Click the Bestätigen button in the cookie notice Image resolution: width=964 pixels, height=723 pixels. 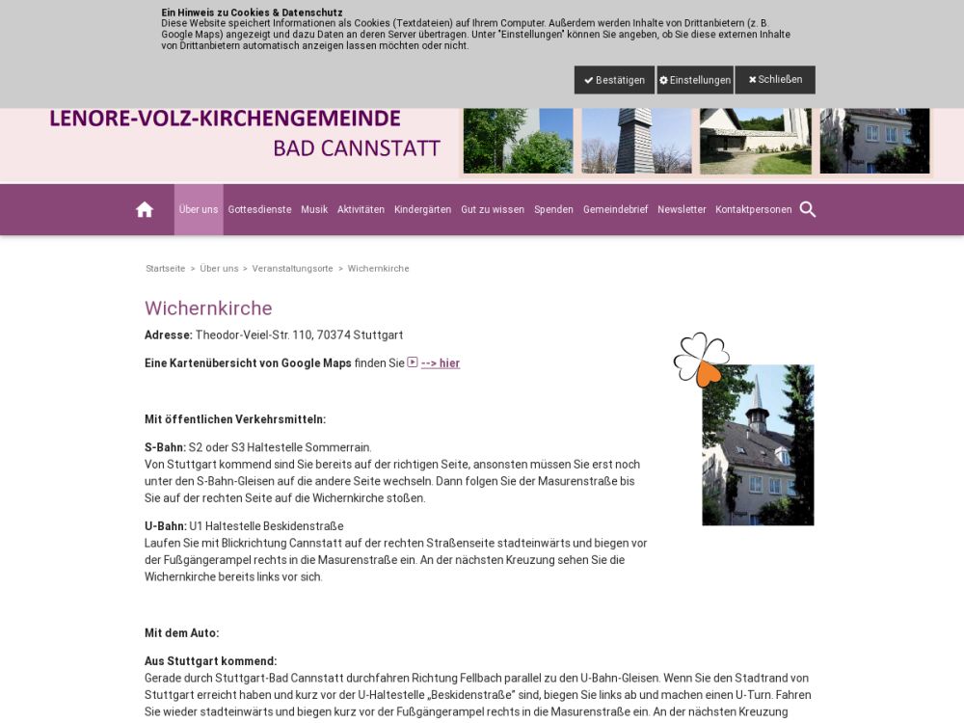click(x=614, y=80)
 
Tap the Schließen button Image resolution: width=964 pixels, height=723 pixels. click(x=775, y=80)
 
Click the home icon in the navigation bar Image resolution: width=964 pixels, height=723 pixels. click(x=145, y=209)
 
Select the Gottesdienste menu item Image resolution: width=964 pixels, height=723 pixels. click(x=259, y=209)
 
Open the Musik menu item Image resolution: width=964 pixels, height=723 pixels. click(x=314, y=209)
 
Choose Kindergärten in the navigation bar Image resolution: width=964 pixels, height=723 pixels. click(x=422, y=209)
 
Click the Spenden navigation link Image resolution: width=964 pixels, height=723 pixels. click(x=553, y=209)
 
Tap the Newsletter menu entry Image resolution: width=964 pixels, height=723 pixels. click(x=682, y=209)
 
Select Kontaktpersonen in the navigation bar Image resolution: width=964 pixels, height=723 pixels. click(x=753, y=209)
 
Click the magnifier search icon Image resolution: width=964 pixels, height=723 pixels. click(x=808, y=209)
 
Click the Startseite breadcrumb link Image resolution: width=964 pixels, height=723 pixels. click(x=165, y=268)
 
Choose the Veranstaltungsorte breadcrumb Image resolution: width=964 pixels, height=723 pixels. click(x=292, y=268)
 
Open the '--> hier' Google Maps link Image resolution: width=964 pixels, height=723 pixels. click(x=440, y=363)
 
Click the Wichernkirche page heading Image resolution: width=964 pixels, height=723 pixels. click(x=208, y=308)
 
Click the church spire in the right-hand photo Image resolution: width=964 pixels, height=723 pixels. click(x=758, y=394)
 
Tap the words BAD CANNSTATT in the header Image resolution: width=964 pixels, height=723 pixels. click(x=357, y=148)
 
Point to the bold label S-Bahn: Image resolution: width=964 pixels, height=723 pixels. click(x=165, y=447)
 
